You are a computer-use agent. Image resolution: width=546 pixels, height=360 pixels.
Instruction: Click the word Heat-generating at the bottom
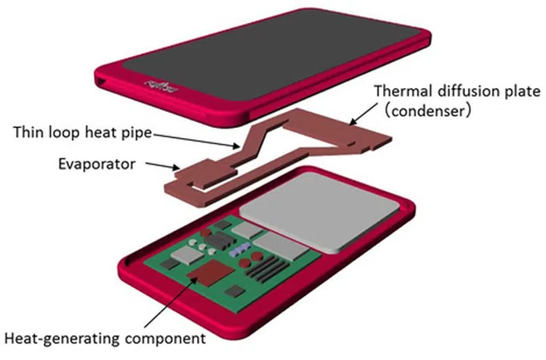[52, 336]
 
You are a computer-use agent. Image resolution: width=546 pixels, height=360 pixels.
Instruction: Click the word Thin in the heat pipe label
[27, 134]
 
